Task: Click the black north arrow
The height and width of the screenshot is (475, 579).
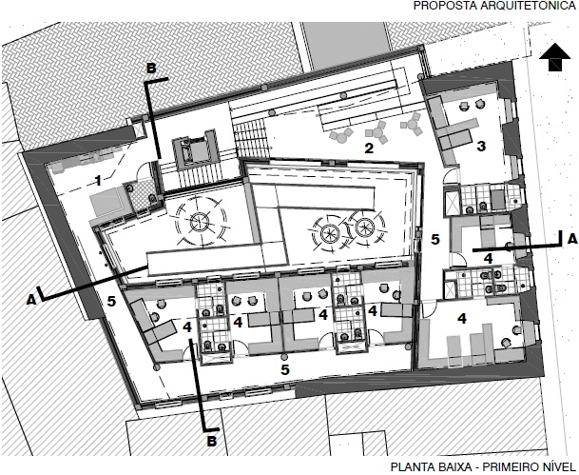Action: [555, 57]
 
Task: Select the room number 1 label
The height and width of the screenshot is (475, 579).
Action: [98, 181]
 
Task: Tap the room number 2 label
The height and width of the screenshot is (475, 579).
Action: [369, 148]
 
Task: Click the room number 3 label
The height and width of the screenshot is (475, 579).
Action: [481, 147]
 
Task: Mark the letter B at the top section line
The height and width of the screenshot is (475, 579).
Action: [151, 68]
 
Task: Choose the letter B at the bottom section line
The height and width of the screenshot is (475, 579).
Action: [212, 442]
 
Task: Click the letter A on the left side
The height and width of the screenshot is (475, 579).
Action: [31, 301]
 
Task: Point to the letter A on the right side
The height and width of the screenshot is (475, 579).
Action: [572, 239]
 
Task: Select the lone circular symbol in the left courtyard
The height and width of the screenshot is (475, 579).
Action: [200, 222]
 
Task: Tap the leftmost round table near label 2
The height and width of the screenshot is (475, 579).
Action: [341, 136]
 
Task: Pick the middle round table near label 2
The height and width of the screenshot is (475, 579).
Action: [377, 132]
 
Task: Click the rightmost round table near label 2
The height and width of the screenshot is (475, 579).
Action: [412, 124]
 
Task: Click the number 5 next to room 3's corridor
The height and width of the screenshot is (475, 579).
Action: [435, 240]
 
